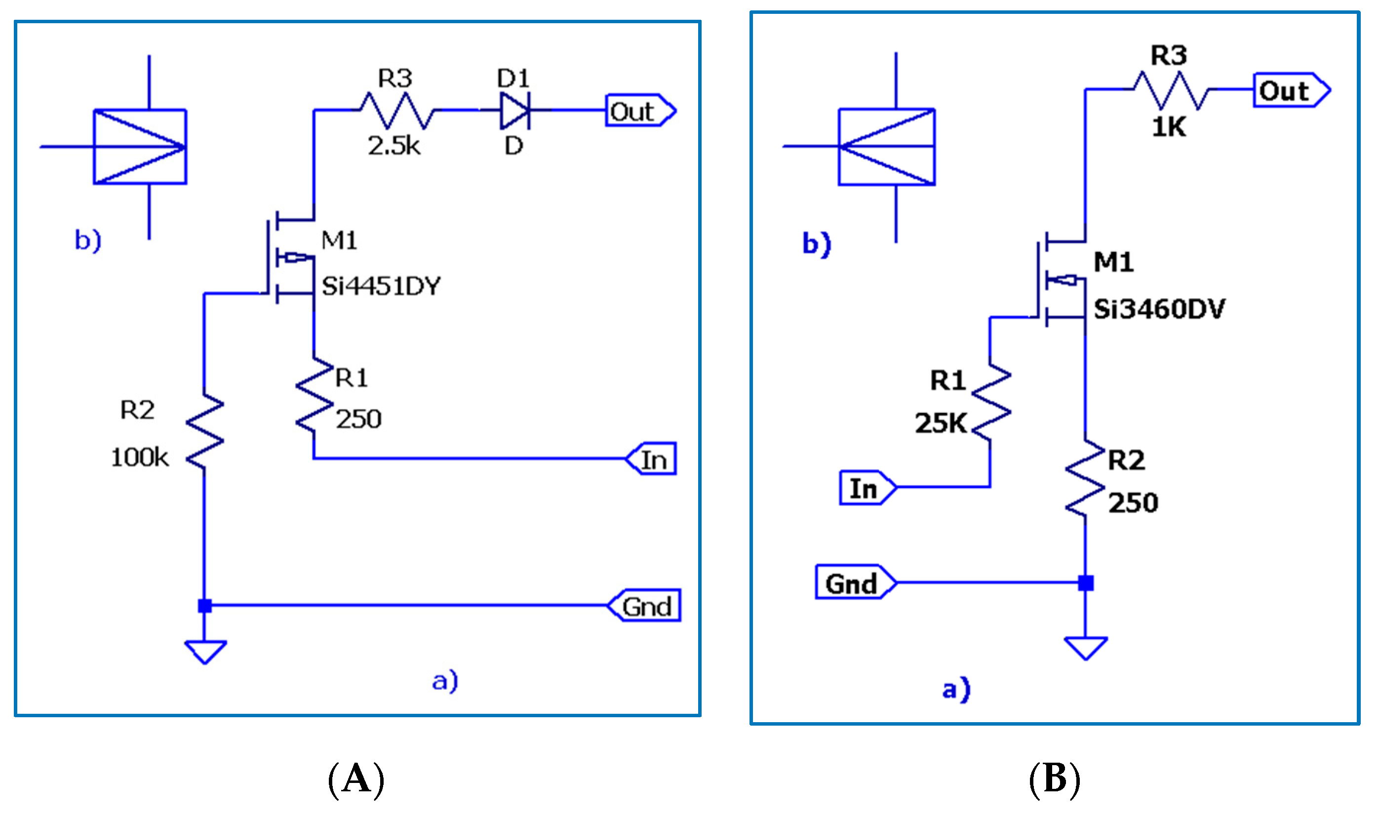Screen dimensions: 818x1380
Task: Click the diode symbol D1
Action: coord(514,111)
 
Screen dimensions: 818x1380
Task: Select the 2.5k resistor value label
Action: coord(394,146)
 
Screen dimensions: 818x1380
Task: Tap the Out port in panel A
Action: coord(639,111)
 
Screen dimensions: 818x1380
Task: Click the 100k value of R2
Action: coord(139,457)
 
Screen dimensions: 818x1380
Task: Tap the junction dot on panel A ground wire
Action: coord(205,606)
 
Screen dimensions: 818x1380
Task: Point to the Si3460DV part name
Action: coord(1158,309)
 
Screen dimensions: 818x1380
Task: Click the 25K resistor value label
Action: coord(941,423)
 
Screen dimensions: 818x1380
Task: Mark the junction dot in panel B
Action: coord(1085,583)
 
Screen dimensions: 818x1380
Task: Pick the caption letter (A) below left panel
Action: coord(356,779)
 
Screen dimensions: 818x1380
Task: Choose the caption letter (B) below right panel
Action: coord(1054,779)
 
